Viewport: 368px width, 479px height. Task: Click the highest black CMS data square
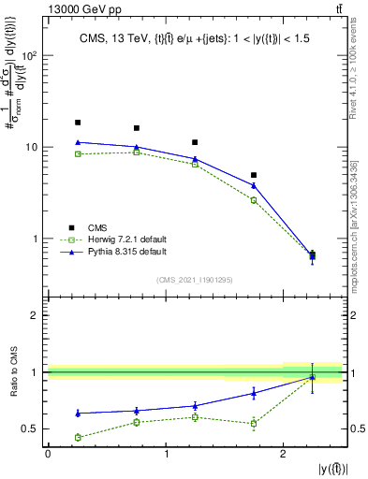[78, 123]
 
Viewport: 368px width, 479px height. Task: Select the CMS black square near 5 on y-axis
[254, 175]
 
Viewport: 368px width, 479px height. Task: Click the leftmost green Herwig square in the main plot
[78, 153]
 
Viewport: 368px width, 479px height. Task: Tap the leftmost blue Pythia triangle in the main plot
[78, 142]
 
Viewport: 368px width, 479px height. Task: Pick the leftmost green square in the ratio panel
[78, 437]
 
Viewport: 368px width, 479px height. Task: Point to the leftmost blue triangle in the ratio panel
[78, 413]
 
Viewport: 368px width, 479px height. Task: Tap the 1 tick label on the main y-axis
[37, 239]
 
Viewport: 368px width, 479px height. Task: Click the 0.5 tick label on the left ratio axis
[31, 429]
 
